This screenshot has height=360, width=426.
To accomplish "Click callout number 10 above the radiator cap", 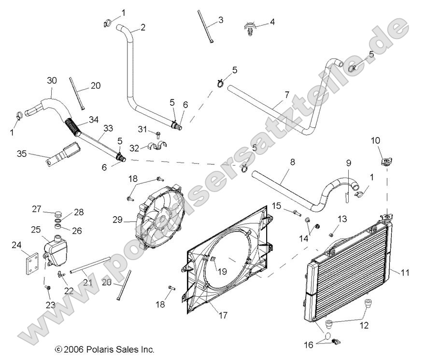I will (376, 140).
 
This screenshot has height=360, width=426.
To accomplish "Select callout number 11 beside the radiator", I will (405, 273).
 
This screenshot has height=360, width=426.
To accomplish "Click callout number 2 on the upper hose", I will (142, 28).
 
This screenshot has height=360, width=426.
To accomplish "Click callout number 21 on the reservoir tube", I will (87, 282).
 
